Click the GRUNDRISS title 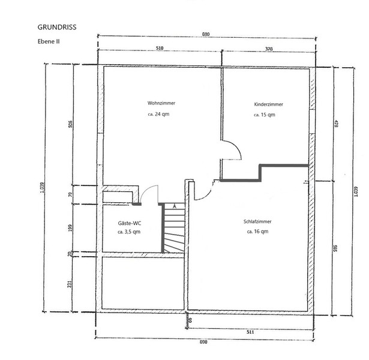57,27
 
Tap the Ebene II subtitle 49,41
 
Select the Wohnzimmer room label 161,103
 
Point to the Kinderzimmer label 268,104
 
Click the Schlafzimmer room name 257,221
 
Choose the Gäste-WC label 130,223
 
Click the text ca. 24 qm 158,114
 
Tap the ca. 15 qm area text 264,115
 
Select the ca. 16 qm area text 257,232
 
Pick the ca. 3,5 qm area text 129,232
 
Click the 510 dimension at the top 160,48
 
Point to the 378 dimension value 269,49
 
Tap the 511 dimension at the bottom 250,332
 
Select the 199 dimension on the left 70,228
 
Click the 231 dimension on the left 70,284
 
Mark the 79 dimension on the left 70,194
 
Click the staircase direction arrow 175,206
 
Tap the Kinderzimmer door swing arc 236,146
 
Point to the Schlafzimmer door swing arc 206,196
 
